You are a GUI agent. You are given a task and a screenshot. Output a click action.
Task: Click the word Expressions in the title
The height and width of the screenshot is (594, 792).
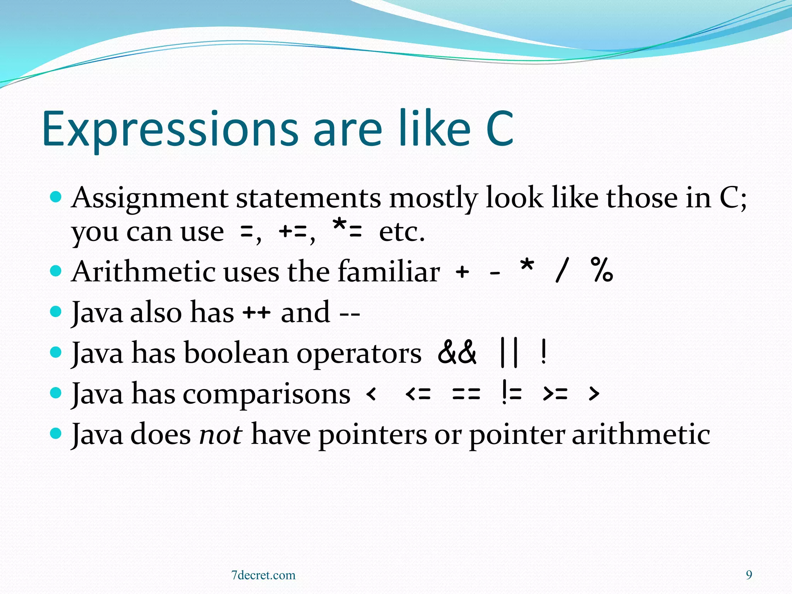(x=170, y=130)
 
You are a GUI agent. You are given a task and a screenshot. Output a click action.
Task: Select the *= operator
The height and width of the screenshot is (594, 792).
(x=347, y=230)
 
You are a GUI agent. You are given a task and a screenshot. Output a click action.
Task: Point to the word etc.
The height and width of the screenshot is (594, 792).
(x=402, y=232)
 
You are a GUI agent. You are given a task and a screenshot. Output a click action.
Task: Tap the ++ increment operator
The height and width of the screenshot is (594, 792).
(x=256, y=313)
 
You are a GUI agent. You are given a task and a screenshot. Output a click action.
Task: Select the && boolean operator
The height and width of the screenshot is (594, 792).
(x=457, y=353)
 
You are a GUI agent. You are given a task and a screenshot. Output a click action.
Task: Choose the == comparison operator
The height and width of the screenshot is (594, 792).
(x=466, y=394)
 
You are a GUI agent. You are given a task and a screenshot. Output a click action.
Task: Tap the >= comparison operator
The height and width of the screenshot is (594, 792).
(x=555, y=394)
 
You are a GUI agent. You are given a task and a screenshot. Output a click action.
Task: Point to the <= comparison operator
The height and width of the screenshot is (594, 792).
(x=418, y=394)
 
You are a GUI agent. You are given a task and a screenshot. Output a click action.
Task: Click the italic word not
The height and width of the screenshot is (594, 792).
(x=220, y=434)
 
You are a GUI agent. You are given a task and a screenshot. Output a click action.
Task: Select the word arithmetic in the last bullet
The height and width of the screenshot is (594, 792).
(x=641, y=434)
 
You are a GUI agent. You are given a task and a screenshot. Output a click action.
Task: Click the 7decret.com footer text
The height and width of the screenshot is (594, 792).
(x=263, y=575)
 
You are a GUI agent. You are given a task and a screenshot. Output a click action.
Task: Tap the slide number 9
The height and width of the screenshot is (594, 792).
(x=749, y=575)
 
